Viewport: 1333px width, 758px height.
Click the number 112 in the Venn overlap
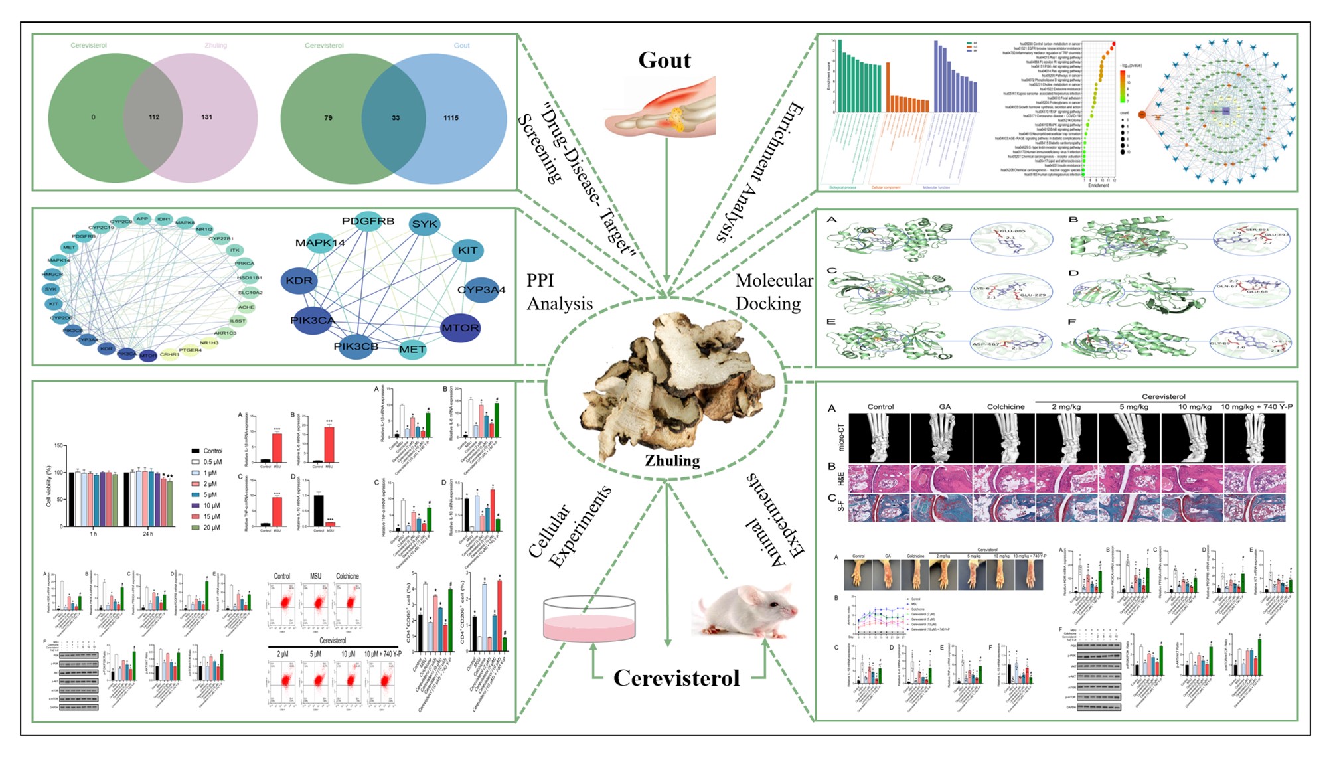tap(154, 117)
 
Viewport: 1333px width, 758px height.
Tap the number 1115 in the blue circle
tap(451, 118)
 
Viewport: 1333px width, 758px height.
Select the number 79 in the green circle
tap(328, 118)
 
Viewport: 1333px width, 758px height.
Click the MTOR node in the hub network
tap(460, 328)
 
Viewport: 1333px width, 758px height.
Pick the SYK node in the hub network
tap(424, 224)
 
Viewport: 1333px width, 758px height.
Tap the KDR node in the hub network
tap(299, 281)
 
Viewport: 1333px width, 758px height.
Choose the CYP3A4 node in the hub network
tap(481, 290)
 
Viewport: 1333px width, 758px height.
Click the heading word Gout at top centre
tap(665, 60)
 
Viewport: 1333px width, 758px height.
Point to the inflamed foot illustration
tap(661, 108)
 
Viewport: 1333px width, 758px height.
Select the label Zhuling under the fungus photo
tap(672, 461)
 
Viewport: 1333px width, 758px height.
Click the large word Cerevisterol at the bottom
tap(676, 678)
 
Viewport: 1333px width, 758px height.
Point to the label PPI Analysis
tap(559, 292)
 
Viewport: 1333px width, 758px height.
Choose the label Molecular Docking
tap(773, 292)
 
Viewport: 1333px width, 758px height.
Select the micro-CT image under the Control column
tap(880, 438)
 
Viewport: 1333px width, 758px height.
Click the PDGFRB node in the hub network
tap(368, 222)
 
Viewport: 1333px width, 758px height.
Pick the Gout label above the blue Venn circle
tap(461, 46)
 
